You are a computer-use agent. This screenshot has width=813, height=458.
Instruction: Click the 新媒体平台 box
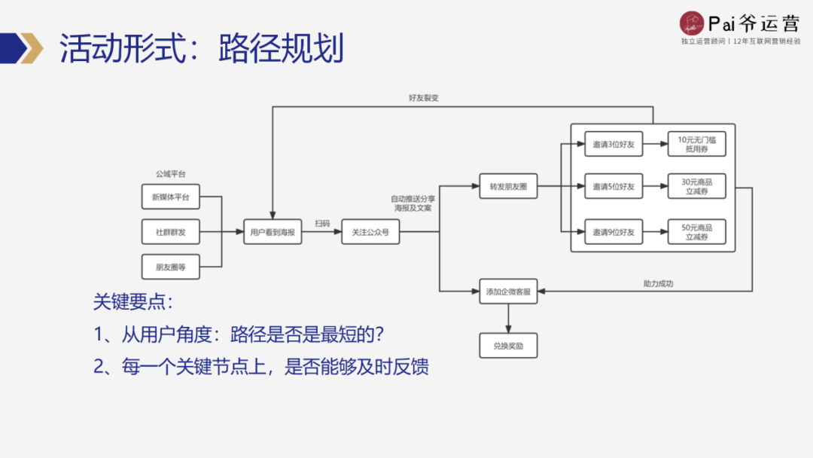(x=171, y=197)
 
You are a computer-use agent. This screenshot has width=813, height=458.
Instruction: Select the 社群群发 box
(x=171, y=233)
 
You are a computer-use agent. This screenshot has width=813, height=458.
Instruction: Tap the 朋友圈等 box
(x=171, y=267)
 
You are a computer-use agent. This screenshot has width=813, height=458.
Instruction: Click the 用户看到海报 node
(x=273, y=233)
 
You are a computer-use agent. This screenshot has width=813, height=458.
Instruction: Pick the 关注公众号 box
(x=370, y=233)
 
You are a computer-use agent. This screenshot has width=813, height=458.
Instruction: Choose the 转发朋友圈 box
(x=508, y=186)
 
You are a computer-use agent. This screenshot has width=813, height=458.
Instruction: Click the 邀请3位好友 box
(x=614, y=144)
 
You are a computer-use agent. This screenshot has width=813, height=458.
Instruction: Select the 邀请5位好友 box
(x=614, y=186)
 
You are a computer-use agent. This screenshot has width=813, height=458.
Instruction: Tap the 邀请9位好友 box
(x=614, y=232)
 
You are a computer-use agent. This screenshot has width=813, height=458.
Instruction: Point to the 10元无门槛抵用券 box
(x=697, y=144)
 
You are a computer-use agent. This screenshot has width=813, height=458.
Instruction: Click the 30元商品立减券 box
(x=697, y=186)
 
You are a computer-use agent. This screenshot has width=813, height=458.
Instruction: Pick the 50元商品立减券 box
(x=697, y=232)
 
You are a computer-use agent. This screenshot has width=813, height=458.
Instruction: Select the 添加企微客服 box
(x=508, y=291)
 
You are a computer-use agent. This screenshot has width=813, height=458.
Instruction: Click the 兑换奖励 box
(x=508, y=345)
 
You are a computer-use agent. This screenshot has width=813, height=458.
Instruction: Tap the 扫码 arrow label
(x=322, y=224)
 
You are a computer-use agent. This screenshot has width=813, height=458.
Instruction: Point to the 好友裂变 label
(x=424, y=98)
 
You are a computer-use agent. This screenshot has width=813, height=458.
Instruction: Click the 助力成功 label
(x=658, y=283)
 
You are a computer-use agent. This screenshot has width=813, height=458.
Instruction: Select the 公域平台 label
(x=170, y=174)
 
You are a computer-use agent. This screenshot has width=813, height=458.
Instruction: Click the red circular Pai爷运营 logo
(x=691, y=22)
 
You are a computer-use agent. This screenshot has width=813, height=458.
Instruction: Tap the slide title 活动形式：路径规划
(x=202, y=49)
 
